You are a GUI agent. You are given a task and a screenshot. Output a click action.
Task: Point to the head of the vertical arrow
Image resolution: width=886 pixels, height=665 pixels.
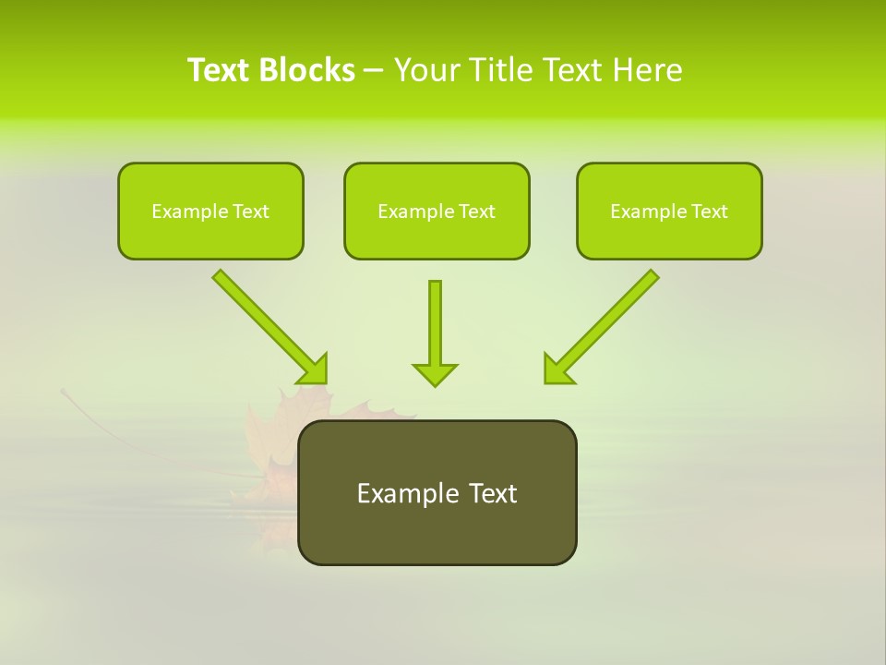coord(435,374)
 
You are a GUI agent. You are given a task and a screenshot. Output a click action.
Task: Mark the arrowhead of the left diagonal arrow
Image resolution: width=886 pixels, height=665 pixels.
coord(314,369)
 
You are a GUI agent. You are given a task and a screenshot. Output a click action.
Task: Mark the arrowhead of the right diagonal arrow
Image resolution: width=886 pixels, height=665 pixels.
coord(557,369)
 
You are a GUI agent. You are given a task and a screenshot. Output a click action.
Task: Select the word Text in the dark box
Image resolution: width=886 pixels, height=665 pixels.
coord(494,493)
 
